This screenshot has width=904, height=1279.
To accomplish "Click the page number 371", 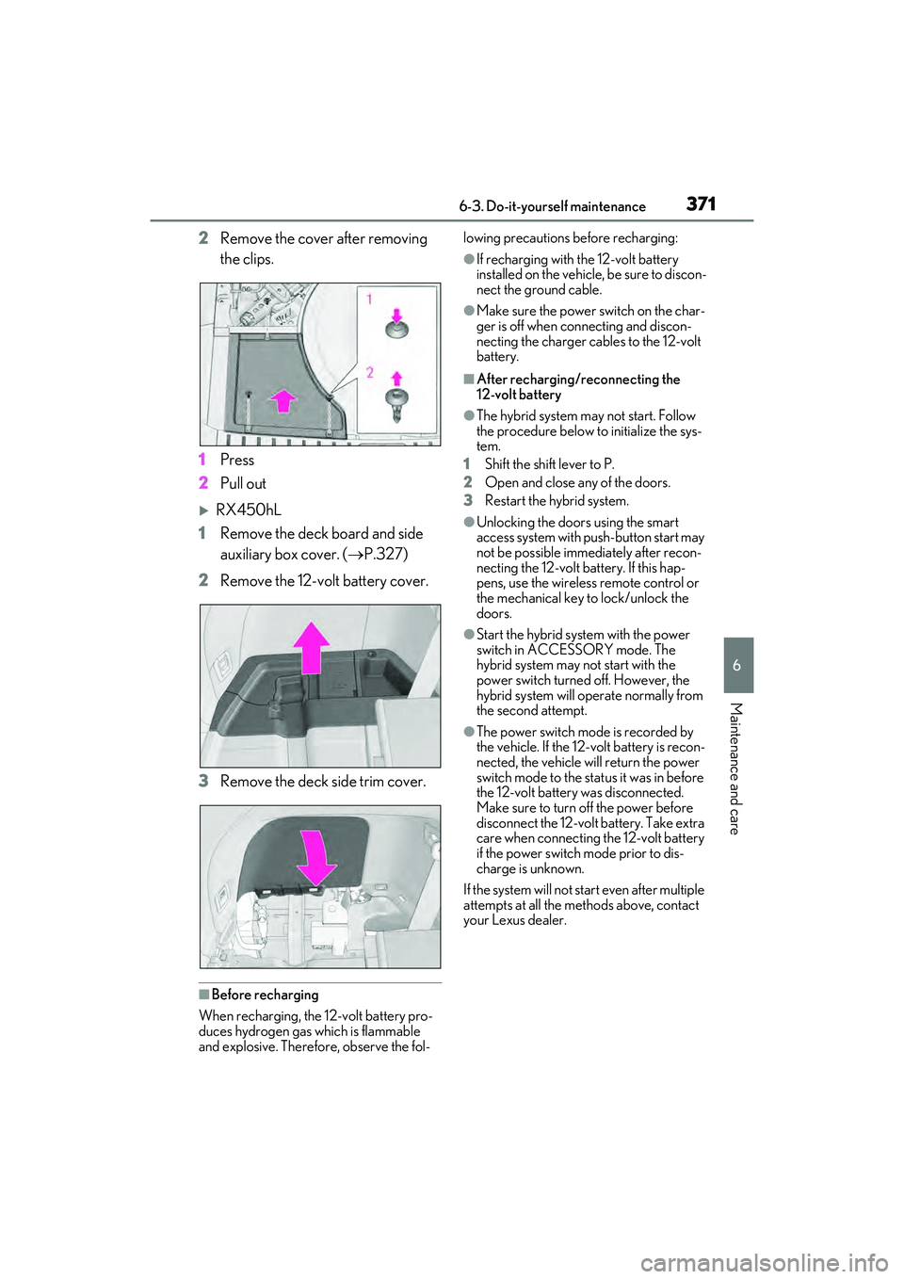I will (701, 203).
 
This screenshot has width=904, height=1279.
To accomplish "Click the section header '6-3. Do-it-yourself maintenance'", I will (552, 207).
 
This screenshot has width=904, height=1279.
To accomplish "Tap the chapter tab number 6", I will (737, 665).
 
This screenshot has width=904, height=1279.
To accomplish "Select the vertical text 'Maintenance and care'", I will (736, 768).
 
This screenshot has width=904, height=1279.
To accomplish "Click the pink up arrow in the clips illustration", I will (282, 401).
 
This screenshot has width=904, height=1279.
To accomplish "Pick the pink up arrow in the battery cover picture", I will (311, 647).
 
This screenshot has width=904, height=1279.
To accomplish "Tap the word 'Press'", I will (237, 460).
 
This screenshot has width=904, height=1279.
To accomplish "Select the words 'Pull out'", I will (243, 483).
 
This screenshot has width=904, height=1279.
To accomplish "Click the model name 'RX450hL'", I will (249, 510).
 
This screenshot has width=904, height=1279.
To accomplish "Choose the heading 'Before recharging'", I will (265, 995).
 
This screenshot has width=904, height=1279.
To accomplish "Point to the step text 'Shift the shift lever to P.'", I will (549, 464).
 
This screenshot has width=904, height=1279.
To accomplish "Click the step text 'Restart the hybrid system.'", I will (557, 501).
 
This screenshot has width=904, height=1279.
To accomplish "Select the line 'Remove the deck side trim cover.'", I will (322, 782).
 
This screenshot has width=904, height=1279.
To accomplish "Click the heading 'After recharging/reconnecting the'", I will (578, 380).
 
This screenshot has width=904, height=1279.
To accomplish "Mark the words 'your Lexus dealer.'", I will (514, 920).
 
